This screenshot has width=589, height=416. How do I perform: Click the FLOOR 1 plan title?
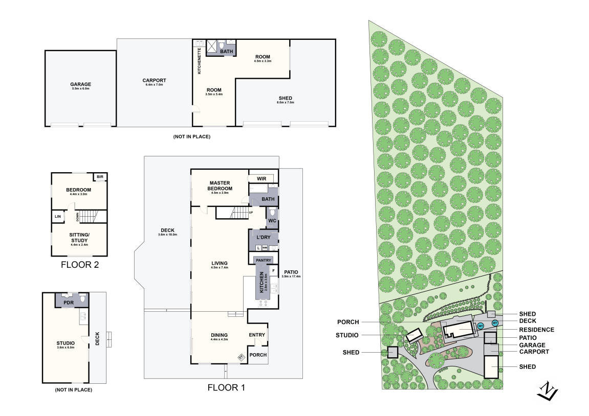(x=226, y=388)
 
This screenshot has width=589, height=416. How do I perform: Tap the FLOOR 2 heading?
(x=79, y=265)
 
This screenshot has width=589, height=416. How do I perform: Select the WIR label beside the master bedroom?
(x=261, y=178)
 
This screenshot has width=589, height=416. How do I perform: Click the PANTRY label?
(x=263, y=260)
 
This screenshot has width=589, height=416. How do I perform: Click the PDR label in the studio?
(x=69, y=303)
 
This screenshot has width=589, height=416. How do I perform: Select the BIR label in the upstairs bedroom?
(x=100, y=177)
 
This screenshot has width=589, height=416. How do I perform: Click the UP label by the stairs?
(x=251, y=212)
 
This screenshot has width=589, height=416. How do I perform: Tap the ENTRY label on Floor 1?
(x=257, y=335)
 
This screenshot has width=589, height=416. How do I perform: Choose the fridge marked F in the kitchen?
(x=273, y=270)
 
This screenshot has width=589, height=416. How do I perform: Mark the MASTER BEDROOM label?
(x=219, y=185)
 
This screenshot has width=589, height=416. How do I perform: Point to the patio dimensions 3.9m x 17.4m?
(x=291, y=276)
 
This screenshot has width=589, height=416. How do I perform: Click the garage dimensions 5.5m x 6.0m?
(x=81, y=89)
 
